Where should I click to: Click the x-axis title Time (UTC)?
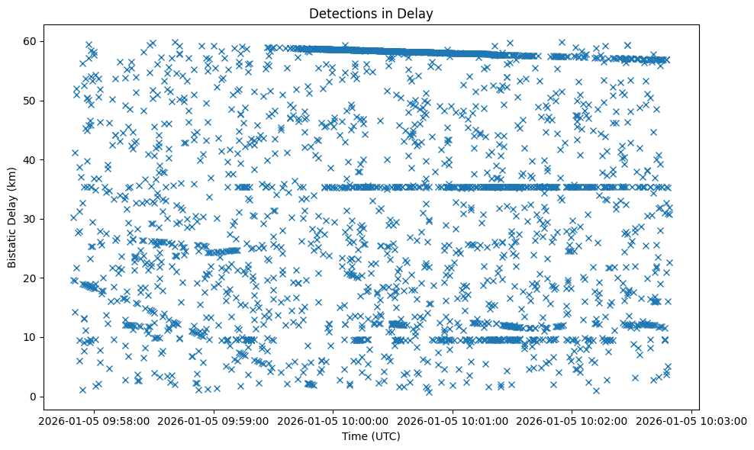372,436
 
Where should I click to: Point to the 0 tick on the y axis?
34,397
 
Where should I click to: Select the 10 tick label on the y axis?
31,337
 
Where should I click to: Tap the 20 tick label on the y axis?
31,278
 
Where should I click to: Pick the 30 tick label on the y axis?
31,219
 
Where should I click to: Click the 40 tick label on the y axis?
31,160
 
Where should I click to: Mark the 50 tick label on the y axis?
31,101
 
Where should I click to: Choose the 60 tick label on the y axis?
31,41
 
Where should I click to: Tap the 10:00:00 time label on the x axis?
333,420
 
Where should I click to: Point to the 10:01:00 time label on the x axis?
453,420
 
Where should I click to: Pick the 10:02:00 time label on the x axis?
572,420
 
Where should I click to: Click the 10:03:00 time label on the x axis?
691,420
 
